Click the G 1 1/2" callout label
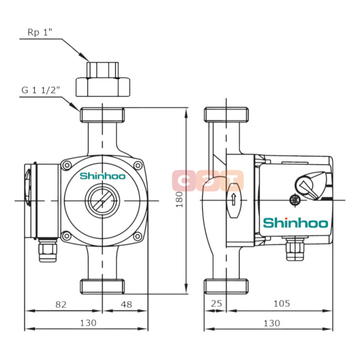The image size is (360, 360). tap(41, 90)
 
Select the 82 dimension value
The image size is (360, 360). tap(61, 304)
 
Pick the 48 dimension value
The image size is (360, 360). tap(126, 304)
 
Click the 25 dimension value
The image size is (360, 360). tap(217, 304)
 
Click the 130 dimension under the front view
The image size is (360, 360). tap(88, 323)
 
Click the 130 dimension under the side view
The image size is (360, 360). tap(271, 323)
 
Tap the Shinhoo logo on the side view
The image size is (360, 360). tap(296, 223)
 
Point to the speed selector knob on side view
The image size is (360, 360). tap(313, 184)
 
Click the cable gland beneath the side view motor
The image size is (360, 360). tap(293, 248)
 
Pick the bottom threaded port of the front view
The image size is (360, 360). tap(103, 286)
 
